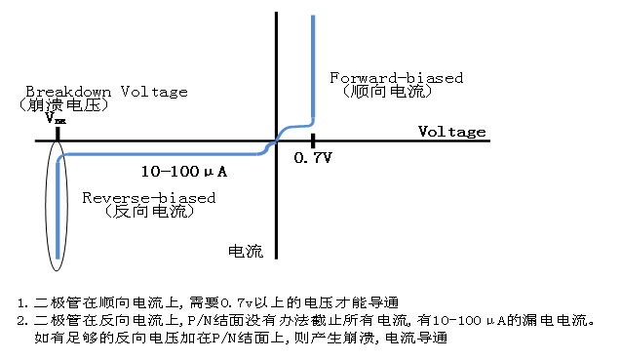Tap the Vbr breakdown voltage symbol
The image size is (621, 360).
tap(56, 119)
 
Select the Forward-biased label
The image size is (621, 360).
tap(396, 77)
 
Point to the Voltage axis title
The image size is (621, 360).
tap(451, 131)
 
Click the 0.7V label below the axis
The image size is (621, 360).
tap(313, 157)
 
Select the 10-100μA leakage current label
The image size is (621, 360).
tap(184, 172)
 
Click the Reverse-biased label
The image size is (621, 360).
tap(148, 197)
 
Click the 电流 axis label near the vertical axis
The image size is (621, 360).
tap(245, 251)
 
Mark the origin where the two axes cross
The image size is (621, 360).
tap(277, 141)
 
